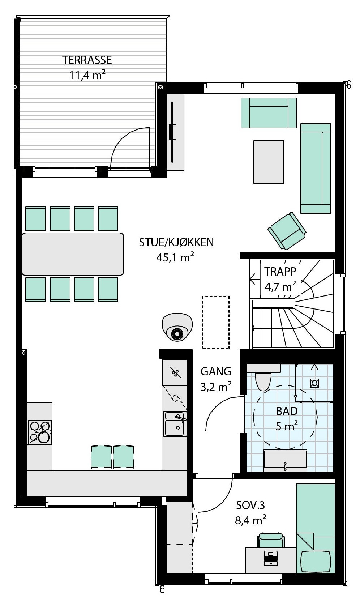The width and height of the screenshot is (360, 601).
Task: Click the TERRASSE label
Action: click(87, 60)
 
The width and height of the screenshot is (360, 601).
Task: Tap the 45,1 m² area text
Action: click(175, 257)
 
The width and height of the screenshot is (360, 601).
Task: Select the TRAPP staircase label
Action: click(280, 271)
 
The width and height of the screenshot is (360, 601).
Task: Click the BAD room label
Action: click(287, 411)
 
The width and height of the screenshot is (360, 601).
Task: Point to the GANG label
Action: click(216, 371)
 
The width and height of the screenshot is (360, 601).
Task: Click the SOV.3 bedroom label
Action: click(250, 505)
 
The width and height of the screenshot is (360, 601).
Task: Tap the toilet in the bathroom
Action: click(263, 381)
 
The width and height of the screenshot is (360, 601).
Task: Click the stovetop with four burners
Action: click(40, 432)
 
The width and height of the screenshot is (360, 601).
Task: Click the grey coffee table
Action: click(269, 162)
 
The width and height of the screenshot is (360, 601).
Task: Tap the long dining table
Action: click(73, 254)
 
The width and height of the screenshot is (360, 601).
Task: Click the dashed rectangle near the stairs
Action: click(216, 322)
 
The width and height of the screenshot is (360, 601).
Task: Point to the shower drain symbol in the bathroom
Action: click(314, 383)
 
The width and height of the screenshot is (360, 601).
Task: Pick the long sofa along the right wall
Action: click(316, 168)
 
